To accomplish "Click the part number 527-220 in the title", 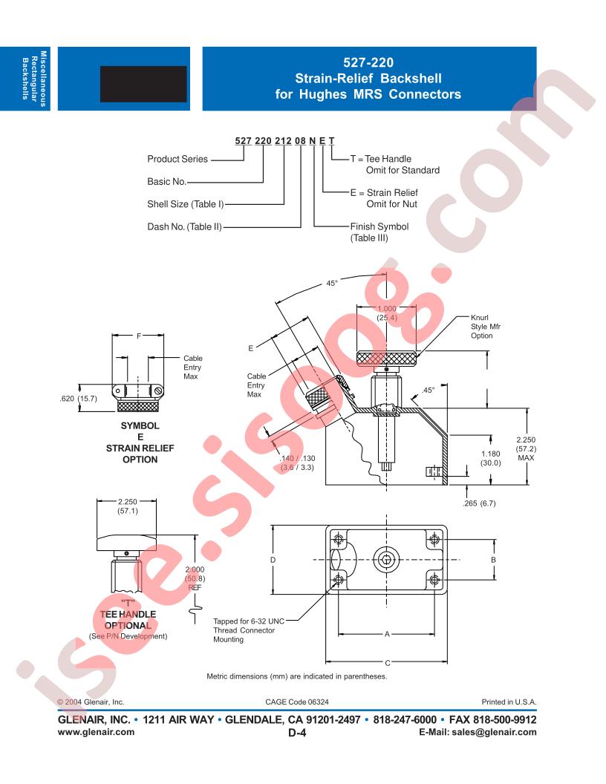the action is tap(368, 62).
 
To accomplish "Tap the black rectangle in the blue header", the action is tap(143, 84).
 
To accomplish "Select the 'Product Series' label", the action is tap(177, 159).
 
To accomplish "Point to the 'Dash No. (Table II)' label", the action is tap(184, 226).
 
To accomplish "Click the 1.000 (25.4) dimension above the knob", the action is tap(386, 313).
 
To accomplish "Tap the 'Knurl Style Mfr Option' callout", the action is tap(485, 327).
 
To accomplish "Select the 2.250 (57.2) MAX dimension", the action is tap(526, 448).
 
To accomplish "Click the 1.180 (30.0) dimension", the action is tap(490, 458).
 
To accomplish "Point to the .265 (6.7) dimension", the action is tap(479, 503).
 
